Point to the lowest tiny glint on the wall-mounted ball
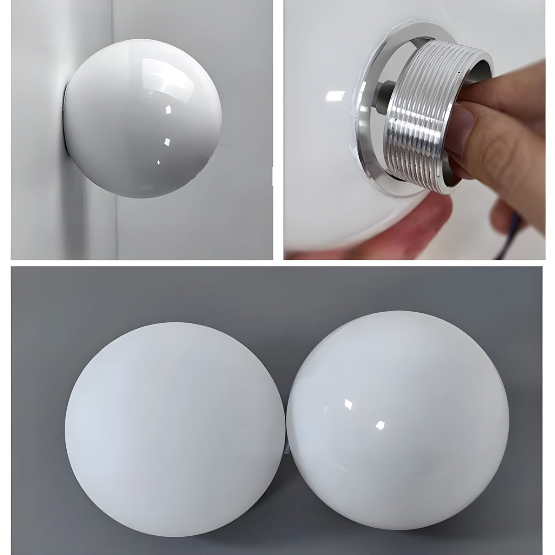point(158,162)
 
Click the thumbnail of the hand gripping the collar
point(466,123)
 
